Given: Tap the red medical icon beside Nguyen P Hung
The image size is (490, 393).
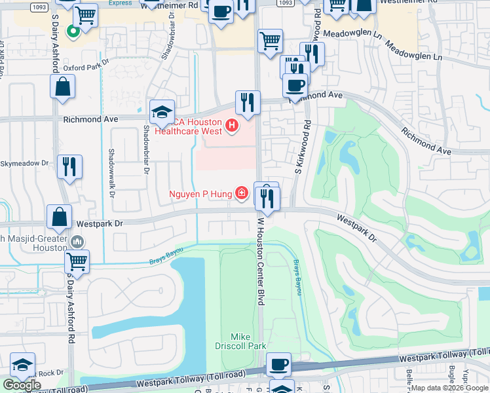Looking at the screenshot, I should click(x=242, y=193).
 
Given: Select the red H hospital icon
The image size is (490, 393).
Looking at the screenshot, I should click(x=231, y=125).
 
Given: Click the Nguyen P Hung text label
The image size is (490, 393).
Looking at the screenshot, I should click(x=200, y=193).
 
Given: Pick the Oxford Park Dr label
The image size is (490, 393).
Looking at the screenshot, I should click(x=85, y=67).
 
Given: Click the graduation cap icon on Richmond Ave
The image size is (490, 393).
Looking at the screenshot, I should click(x=162, y=112).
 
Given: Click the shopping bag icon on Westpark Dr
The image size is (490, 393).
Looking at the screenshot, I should click(x=60, y=217).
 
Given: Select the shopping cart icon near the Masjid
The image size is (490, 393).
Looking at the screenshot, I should click(x=77, y=261).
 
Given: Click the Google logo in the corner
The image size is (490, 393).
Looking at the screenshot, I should click(x=21, y=385).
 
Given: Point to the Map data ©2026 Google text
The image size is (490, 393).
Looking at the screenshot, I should click(x=449, y=388).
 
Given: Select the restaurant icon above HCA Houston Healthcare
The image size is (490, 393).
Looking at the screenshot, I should click(x=247, y=102).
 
